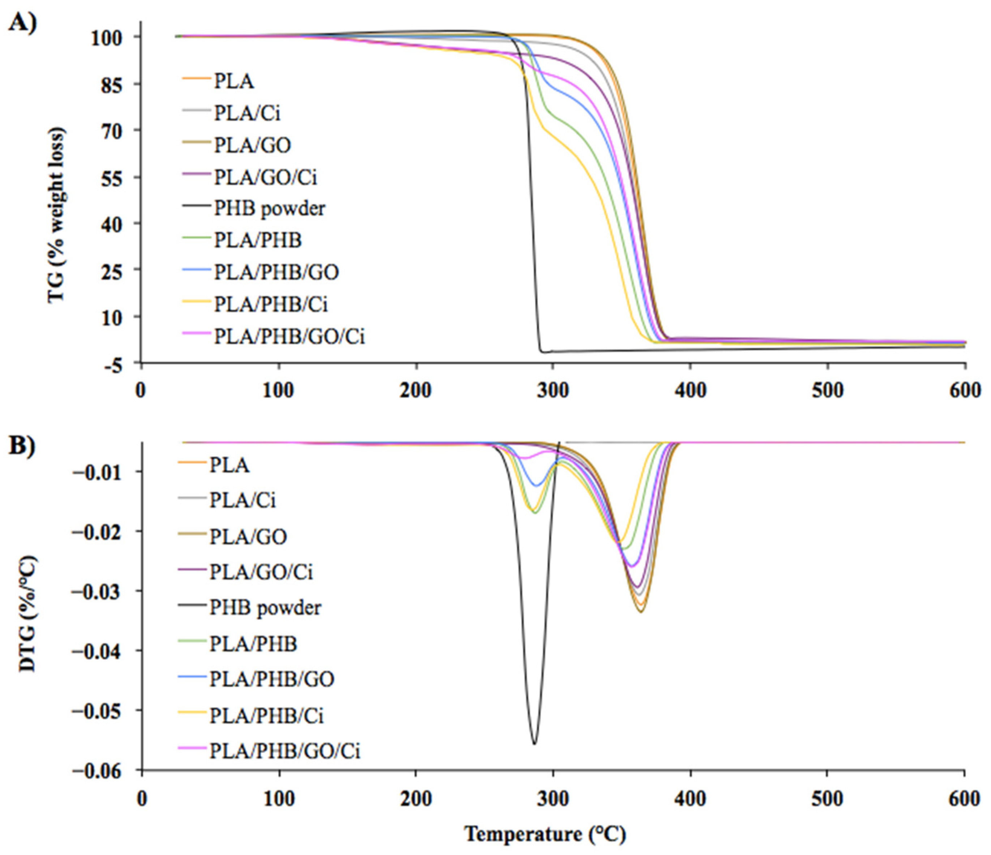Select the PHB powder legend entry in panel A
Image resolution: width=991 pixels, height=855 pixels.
269,209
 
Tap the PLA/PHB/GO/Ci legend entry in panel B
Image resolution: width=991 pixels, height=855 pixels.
284,751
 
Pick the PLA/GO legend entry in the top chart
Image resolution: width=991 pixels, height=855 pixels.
252,145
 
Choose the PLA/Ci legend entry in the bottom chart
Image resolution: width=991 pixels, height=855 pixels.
243,500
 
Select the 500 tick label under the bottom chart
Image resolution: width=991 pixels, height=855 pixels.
827,799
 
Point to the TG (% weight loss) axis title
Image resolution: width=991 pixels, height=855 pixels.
56,214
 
